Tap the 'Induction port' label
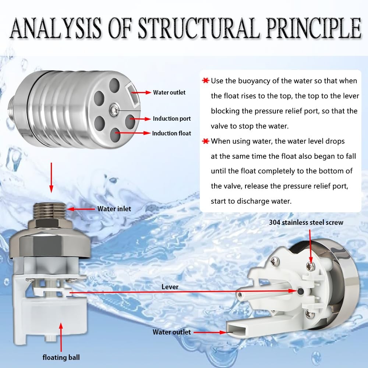coord(172,119)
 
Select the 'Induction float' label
coord(171,133)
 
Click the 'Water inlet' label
coord(114,209)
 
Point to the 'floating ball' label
coord(61,357)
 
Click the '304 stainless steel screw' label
coord(306,222)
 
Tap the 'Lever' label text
coord(170,287)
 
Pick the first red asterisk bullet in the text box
coord(205,81)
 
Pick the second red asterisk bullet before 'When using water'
coord(205,141)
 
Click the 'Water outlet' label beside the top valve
coord(169,92)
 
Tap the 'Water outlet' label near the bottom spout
coord(171,332)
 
